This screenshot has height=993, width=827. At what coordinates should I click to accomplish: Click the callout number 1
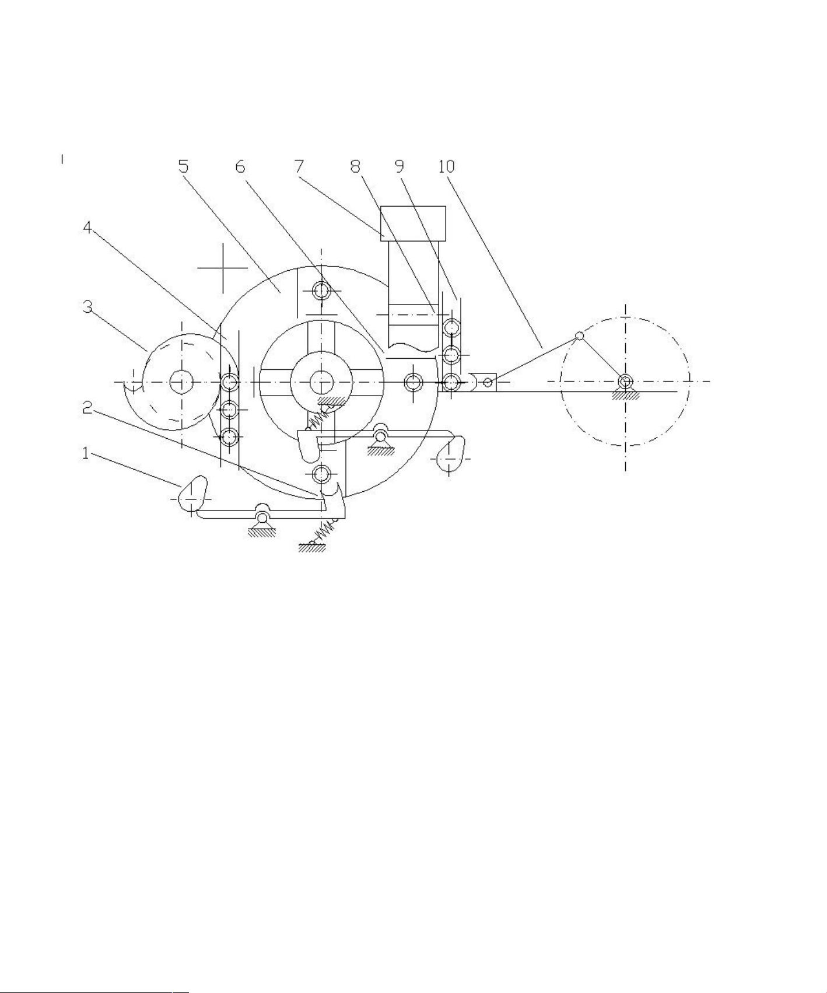pos(86,453)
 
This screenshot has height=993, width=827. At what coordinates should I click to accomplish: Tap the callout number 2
pos(87,408)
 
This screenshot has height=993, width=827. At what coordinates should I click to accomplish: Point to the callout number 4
pos(87,228)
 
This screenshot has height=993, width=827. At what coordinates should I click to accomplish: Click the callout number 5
pos(184,166)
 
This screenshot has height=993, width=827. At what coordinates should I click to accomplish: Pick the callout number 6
pos(240,166)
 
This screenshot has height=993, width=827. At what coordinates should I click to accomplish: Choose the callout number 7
pos(299,166)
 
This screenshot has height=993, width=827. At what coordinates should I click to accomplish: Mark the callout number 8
pos(355,166)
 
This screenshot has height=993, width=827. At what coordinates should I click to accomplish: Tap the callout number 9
pos(399,166)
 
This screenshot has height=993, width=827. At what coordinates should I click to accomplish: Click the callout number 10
pos(446,166)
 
